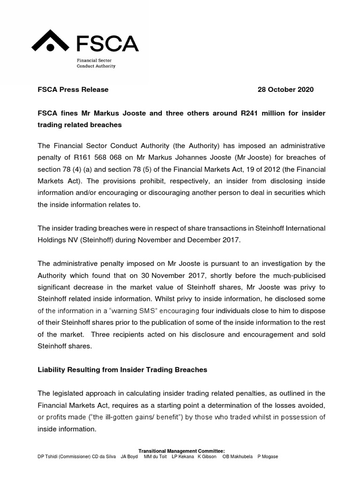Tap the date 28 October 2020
[x=285, y=90]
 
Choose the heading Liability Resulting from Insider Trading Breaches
[x=122, y=370]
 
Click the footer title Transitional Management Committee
[x=181, y=451]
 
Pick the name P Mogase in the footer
[x=267, y=457]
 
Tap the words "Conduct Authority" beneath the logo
[x=96, y=66]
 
